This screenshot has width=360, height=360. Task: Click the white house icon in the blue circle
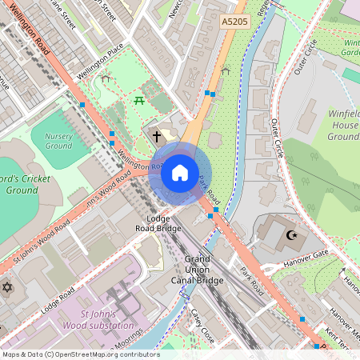pyautogui.click(x=180, y=173)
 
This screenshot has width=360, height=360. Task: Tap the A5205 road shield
pyautogui.click(x=234, y=26)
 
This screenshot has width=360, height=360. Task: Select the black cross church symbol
pyautogui.click(x=157, y=137)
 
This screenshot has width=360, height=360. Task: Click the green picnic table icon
pyautogui.click(x=139, y=100)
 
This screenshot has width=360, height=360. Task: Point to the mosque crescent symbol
pyautogui.click(x=292, y=235)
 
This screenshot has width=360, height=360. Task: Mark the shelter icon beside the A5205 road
pyautogui.click(x=225, y=71)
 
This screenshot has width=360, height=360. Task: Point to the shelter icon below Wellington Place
pyautogui.click(x=105, y=78)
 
